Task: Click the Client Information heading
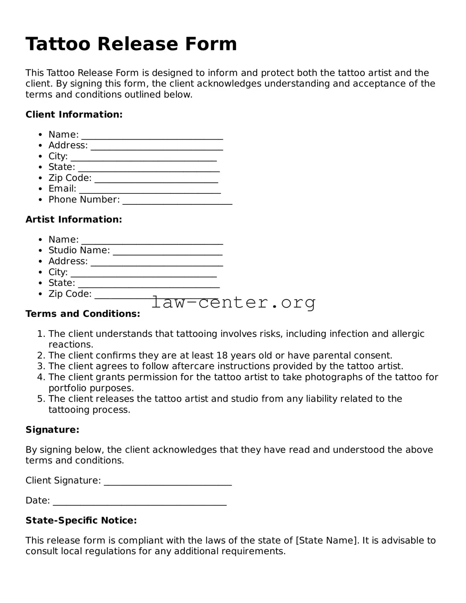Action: [74, 114]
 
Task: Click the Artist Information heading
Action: [74, 220]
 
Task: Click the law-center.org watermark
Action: [233, 302]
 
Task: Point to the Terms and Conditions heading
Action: [83, 314]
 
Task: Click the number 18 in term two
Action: [222, 355]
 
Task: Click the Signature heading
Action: [52, 430]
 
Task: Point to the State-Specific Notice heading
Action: [81, 520]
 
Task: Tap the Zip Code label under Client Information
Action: [70, 178]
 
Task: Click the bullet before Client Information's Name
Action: [41, 135]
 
